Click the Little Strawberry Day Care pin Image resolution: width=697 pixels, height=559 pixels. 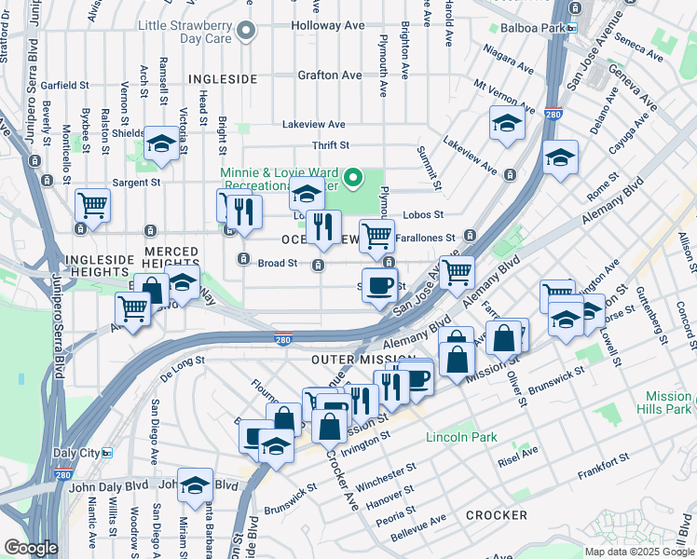click(x=247, y=32)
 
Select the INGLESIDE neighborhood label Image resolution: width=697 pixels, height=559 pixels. click(x=222, y=79)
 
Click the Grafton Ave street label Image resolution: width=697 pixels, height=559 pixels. click(x=330, y=75)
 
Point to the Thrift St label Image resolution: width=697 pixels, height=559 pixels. click(x=330, y=145)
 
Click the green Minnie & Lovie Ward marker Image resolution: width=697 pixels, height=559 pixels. click(x=353, y=176)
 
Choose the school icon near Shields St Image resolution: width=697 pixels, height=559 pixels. click(x=162, y=145)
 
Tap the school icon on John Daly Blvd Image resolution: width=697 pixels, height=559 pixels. click(x=195, y=485)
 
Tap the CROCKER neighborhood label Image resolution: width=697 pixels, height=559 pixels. click(x=497, y=514)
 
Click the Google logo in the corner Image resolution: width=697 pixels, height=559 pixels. click(x=31, y=547)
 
